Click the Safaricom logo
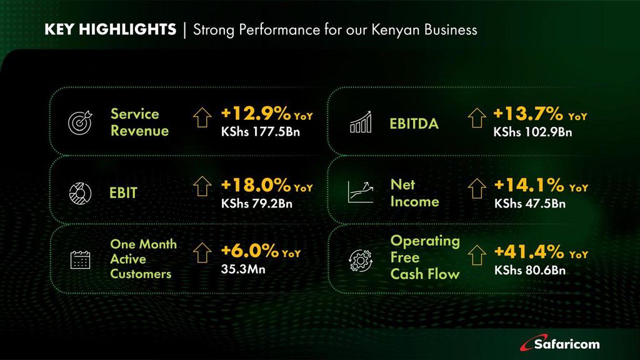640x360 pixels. [x=559, y=343]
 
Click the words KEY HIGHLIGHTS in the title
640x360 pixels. [x=110, y=29]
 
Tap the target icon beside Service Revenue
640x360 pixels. [x=80, y=122]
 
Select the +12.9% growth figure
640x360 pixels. [x=256, y=114]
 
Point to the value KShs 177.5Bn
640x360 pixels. [x=261, y=132]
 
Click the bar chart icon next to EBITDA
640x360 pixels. [x=361, y=122]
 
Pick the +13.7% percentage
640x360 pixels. [x=528, y=114]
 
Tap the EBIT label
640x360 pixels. [x=123, y=192]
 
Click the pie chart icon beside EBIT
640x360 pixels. [x=80, y=193]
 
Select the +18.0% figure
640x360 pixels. [x=256, y=185]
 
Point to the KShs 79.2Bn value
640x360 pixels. [x=257, y=203]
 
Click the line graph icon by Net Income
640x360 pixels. [x=361, y=192]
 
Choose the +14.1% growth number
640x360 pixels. [x=529, y=185]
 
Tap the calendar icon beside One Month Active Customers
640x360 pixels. [x=80, y=259]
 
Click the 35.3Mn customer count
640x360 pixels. [x=243, y=269]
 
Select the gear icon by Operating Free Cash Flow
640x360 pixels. [x=361, y=261]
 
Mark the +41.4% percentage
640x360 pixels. [x=529, y=252]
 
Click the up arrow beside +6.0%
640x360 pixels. [x=202, y=253]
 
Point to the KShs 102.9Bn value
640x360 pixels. [x=532, y=132]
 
